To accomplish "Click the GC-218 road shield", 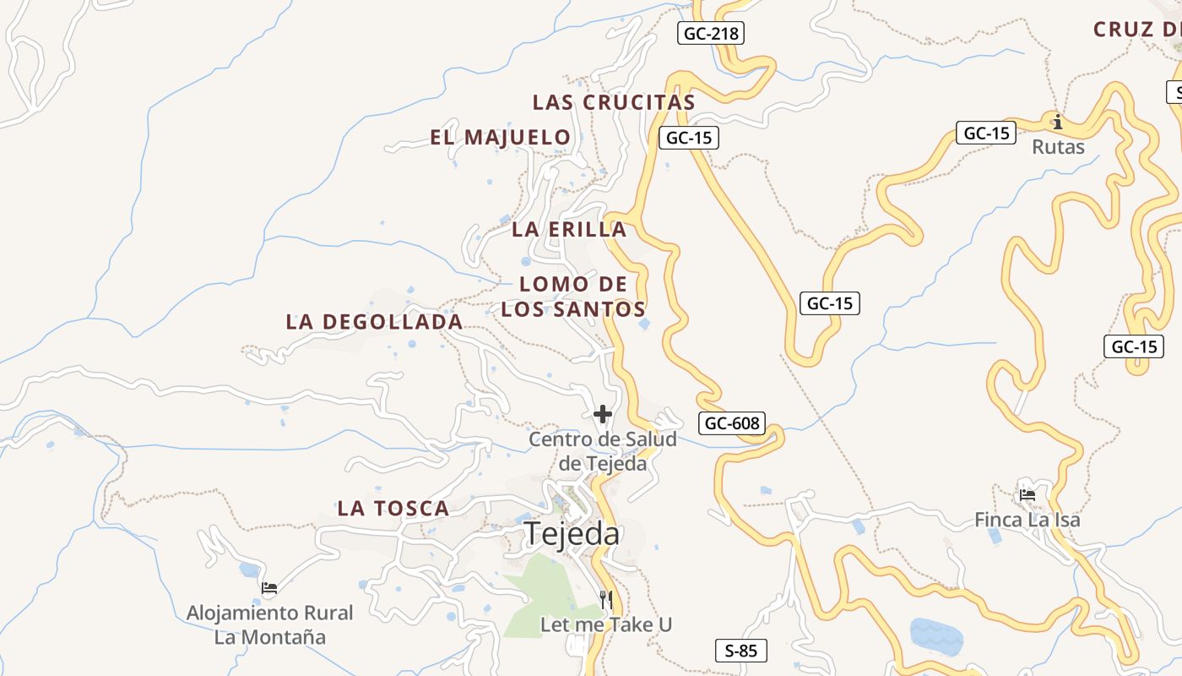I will (x=711, y=34).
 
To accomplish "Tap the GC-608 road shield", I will (x=732, y=423).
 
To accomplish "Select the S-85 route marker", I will (x=741, y=651).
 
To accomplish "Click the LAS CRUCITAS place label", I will (x=614, y=102).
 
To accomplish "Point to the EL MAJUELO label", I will (x=501, y=137).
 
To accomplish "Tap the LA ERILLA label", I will (x=569, y=229).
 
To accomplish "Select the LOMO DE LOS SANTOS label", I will (x=573, y=297).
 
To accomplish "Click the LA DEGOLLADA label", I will (x=374, y=322).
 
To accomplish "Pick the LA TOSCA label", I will (x=393, y=509).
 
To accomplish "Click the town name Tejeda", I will (x=572, y=534).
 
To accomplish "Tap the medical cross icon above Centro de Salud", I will (x=603, y=414).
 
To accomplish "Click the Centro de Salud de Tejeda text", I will (x=603, y=451).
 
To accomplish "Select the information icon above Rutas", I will (x=1057, y=122).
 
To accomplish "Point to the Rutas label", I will (x=1058, y=147).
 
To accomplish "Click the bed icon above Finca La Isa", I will (x=1027, y=495).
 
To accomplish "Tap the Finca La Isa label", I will (x=1027, y=520).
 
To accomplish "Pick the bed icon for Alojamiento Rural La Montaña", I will (x=269, y=588).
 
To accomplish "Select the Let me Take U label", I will (x=606, y=625).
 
